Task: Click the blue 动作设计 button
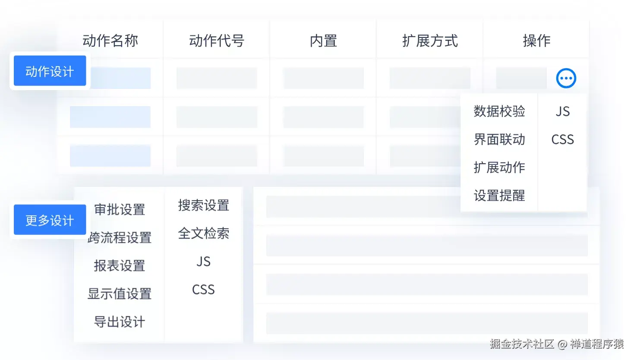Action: click(50, 71)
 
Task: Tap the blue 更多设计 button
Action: click(50, 220)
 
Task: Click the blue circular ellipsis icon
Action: click(566, 78)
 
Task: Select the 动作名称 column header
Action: click(110, 41)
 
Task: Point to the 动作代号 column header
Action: click(217, 41)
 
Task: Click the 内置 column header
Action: click(323, 41)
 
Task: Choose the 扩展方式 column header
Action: click(430, 41)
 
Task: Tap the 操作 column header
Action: click(536, 41)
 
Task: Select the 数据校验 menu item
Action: click(499, 111)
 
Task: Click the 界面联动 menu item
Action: click(499, 139)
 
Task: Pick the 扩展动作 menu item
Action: click(499, 167)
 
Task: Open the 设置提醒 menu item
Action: click(499, 196)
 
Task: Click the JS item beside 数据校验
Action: click(562, 111)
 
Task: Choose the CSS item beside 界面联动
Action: click(562, 139)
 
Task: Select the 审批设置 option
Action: click(120, 210)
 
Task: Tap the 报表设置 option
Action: click(120, 266)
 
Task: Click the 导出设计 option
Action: click(120, 322)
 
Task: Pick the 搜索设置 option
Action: click(203, 205)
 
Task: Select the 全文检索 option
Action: click(203, 234)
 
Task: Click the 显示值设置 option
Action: click(120, 294)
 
